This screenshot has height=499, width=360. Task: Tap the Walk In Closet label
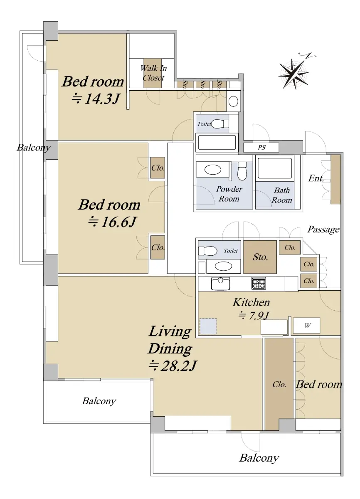click(154, 73)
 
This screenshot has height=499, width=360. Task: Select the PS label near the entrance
click(261, 148)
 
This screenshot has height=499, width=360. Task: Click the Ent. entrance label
click(316, 178)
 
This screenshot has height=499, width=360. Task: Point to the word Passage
click(323, 230)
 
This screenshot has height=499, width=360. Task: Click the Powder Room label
click(229, 194)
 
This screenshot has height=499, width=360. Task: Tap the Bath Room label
click(282, 195)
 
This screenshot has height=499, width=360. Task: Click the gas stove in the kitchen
click(259, 283)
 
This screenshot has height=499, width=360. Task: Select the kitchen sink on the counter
click(221, 284)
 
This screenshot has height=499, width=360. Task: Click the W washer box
click(307, 326)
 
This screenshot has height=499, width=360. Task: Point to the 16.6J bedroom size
click(112, 222)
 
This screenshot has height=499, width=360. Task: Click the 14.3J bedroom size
click(96, 99)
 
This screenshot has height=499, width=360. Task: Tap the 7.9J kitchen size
click(254, 315)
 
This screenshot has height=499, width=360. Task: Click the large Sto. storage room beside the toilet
click(260, 257)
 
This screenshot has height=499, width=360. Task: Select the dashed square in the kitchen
click(208, 326)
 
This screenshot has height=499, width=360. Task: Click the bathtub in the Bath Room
click(275, 168)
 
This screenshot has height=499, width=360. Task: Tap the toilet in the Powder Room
click(242, 171)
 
